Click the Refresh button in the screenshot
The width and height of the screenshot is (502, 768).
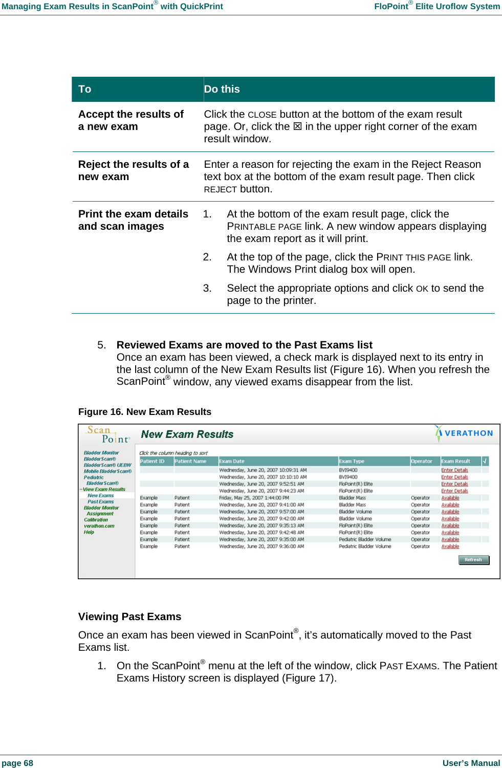[473, 560]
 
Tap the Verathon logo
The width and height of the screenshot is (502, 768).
[464, 433]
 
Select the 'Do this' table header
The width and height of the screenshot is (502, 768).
[222, 89]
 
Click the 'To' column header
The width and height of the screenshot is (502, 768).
[85, 89]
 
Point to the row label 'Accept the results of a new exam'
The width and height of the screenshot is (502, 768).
[130, 120]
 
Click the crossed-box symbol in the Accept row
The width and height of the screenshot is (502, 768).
[297, 126]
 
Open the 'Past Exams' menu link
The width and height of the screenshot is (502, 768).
[100, 501]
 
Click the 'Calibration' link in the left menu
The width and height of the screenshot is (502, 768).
[96, 520]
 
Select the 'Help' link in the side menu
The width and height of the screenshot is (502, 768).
[89, 532]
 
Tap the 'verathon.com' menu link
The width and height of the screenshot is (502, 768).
[99, 526]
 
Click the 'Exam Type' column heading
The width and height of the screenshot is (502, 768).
[352, 461]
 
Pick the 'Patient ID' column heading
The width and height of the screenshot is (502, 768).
[152, 461]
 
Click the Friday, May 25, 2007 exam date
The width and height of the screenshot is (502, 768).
[254, 498]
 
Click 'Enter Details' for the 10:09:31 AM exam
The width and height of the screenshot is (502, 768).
[454, 470]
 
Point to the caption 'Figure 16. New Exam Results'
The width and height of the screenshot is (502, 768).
[145, 412]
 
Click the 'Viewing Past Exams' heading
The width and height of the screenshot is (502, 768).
[129, 617]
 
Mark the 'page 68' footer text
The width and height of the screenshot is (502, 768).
[17, 763]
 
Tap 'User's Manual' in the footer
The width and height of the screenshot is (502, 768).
[471, 763]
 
